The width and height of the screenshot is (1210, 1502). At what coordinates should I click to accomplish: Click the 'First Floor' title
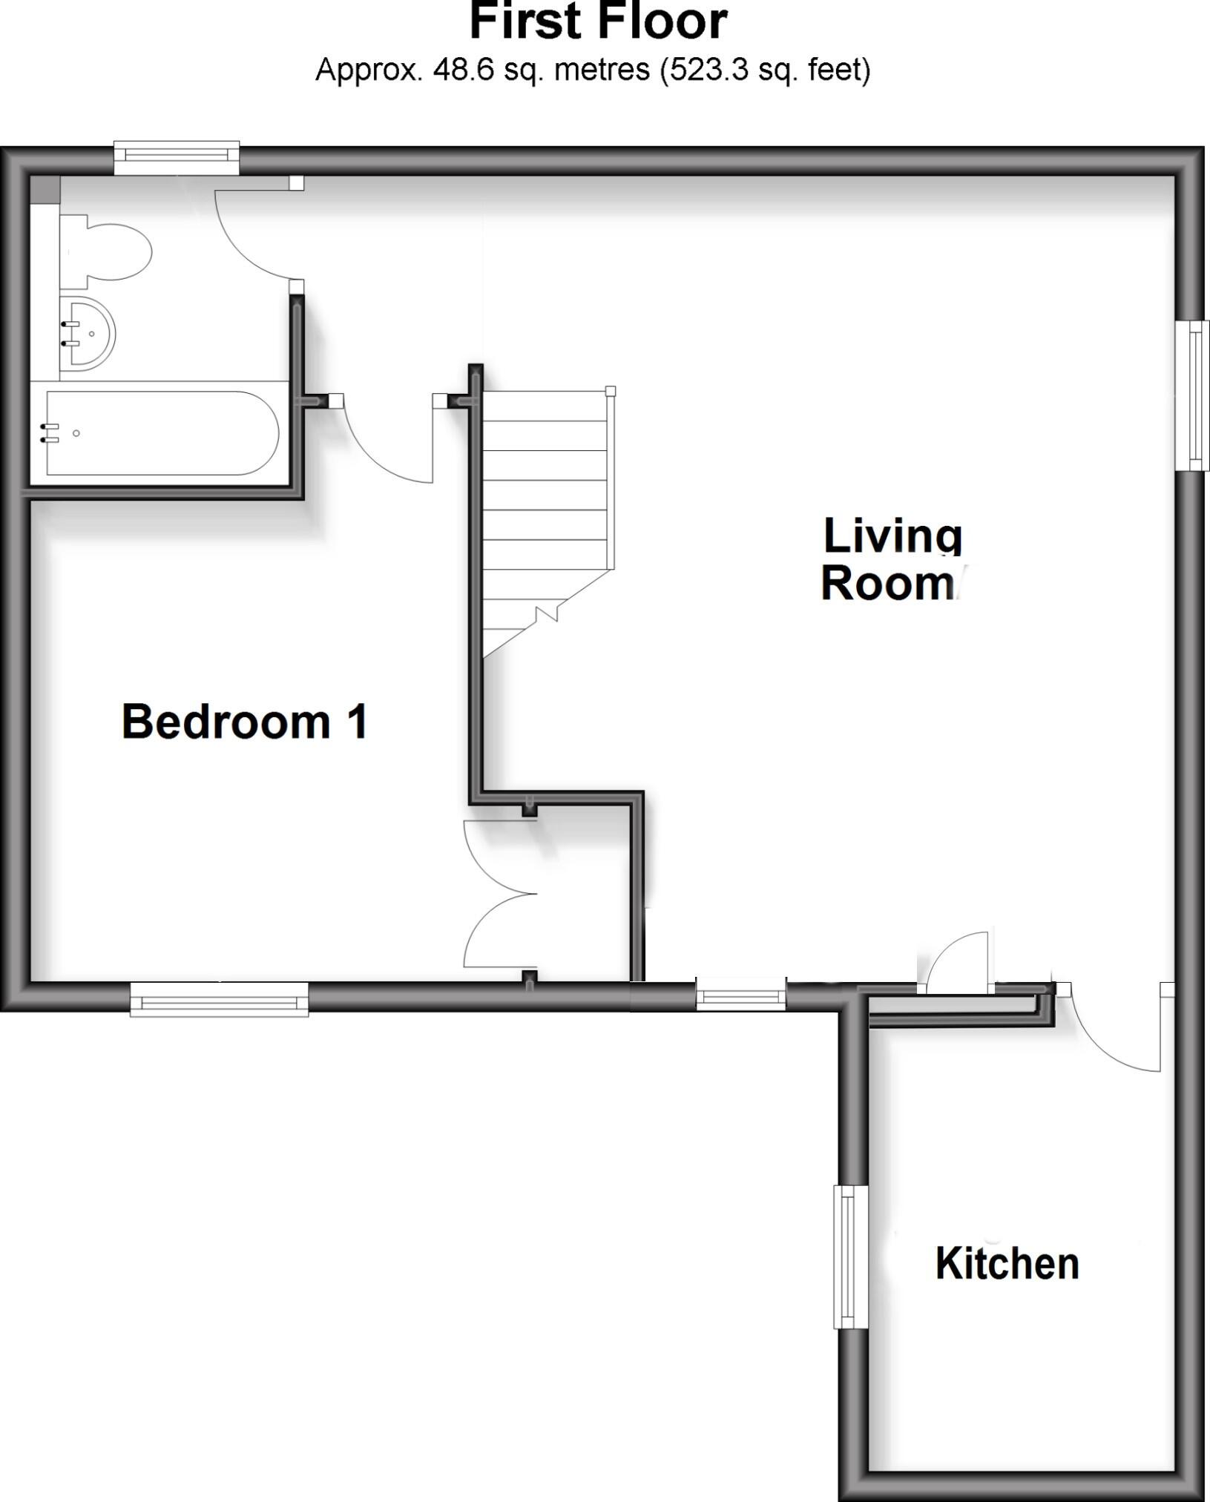click(598, 22)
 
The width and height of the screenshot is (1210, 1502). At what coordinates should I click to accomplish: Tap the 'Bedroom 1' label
click(244, 722)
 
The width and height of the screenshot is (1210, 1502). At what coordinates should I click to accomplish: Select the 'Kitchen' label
click(1007, 1263)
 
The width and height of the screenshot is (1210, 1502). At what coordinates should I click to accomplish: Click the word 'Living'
click(892, 536)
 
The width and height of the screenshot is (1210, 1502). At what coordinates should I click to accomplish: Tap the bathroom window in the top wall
click(177, 155)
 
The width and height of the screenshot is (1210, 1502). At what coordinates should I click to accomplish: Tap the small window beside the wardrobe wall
click(740, 994)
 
